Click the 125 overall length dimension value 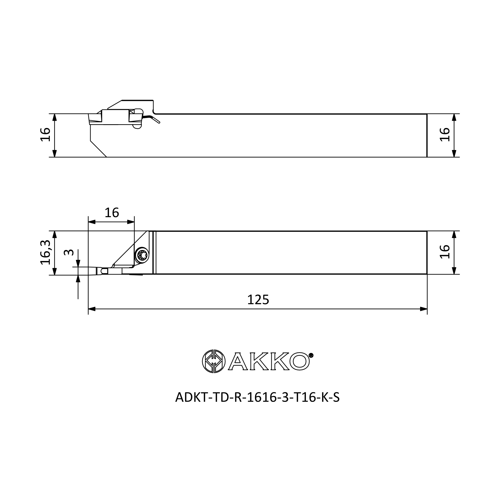(x=258, y=300)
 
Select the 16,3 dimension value (x=46, y=252)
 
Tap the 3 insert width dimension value (x=69, y=252)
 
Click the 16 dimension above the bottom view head (x=112, y=213)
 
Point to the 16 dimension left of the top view (x=45, y=135)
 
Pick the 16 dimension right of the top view (x=445, y=135)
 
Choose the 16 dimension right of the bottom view (x=445, y=252)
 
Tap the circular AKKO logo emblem (x=214, y=361)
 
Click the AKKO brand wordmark (x=269, y=361)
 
